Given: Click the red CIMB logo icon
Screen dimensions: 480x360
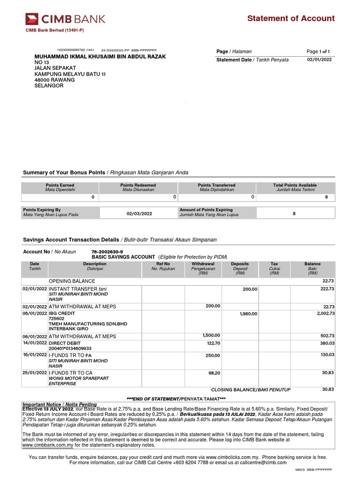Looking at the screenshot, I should coord(32,19).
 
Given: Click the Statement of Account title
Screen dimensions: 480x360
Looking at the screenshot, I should coord(291,18).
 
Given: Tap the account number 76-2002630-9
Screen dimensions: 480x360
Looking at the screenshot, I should coord(107,252).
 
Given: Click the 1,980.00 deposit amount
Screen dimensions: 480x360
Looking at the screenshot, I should coord(248,314).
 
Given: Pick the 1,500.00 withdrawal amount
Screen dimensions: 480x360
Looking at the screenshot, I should coord(211,336).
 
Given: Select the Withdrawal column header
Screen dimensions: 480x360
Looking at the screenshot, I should coord(203,264).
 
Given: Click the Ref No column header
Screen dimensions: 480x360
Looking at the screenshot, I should coord(163,264).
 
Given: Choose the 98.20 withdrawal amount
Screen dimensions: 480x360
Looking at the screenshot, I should coord(213,373).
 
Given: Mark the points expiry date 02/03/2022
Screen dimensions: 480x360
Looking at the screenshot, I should coord(139,214).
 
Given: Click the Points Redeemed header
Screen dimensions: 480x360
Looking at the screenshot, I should coord(138,186).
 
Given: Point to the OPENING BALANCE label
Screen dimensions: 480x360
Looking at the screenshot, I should coord(72,281).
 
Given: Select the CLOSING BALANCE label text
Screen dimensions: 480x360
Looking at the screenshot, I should coord(251,390).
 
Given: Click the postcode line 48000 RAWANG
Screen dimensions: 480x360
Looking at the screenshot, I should coord(54,80).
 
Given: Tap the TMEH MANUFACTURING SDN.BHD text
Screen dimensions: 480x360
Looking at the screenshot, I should coord(88,324).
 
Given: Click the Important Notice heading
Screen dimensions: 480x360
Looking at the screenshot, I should coord(60,404).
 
